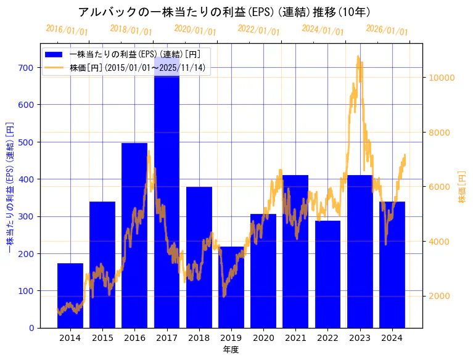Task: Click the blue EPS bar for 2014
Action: point(70,296)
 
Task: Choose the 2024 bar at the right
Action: point(392,265)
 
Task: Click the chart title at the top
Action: point(224,12)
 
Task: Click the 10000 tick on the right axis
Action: point(442,78)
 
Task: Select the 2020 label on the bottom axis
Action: point(263,338)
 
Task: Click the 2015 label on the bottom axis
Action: point(102,338)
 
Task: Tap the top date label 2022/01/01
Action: point(258,30)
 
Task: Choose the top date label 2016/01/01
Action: point(67,30)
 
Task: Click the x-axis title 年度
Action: point(231,350)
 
